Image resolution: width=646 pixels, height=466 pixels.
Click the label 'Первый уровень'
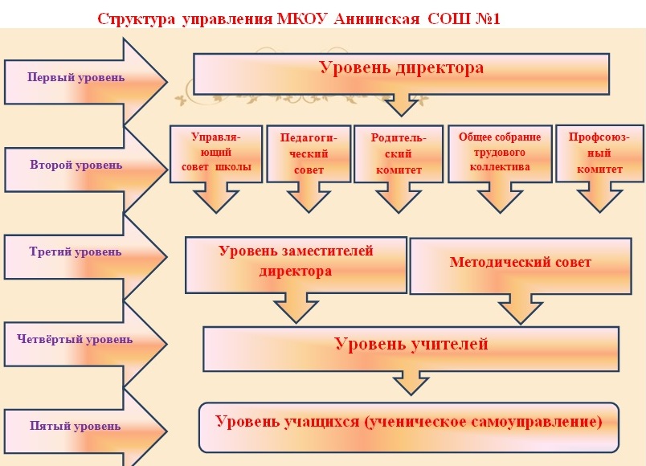(x=76, y=77)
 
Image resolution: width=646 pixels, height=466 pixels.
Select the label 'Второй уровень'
(x=76, y=165)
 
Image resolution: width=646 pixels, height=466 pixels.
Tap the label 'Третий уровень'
(x=75, y=251)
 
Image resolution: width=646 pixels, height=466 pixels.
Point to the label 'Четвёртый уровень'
(x=75, y=339)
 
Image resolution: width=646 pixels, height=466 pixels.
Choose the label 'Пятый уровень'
(x=75, y=426)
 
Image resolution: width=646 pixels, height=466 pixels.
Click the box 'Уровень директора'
(x=401, y=74)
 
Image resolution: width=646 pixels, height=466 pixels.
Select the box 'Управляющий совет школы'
(x=216, y=153)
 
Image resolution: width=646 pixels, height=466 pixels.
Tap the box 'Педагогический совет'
(x=309, y=153)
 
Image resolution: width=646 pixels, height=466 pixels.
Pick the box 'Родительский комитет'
(x=399, y=153)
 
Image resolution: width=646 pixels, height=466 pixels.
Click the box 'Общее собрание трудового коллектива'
(x=500, y=153)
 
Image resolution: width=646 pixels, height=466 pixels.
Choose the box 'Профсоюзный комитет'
(x=600, y=153)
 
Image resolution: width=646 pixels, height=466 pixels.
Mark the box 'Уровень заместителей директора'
(x=296, y=265)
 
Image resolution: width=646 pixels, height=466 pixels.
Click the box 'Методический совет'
(x=521, y=266)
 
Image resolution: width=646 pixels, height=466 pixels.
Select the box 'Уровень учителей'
(x=411, y=349)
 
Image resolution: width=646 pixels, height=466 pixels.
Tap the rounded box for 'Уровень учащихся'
(x=409, y=427)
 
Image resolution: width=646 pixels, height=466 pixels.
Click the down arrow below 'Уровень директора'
(x=401, y=105)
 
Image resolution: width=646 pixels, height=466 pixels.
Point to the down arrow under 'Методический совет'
(x=521, y=309)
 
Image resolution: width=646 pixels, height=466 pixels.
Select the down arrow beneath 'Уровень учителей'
(x=411, y=383)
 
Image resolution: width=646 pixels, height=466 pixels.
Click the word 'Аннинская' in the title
(x=377, y=18)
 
